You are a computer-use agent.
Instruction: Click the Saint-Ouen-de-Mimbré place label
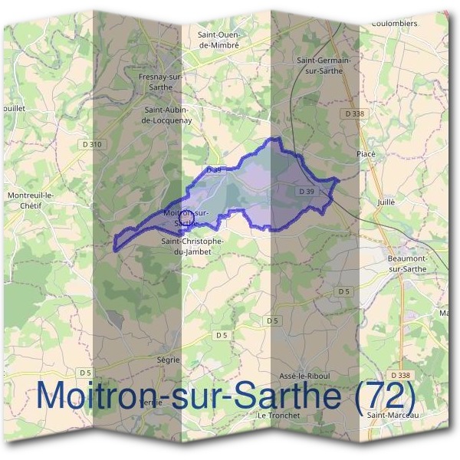219,40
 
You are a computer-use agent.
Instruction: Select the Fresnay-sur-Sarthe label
159,82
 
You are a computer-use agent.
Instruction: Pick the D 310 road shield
90,144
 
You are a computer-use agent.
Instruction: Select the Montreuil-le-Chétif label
31,200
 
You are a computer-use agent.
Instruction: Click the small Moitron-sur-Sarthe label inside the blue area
186,217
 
